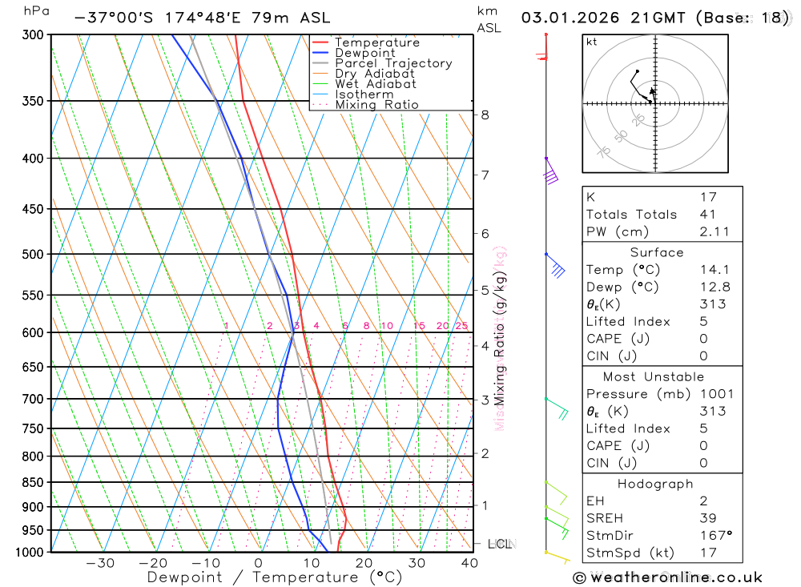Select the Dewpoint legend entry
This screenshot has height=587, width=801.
click(x=364, y=53)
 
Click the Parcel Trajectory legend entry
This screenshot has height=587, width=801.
click(x=393, y=63)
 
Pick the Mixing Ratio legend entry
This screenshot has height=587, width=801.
click(x=376, y=105)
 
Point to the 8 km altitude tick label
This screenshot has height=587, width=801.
click(x=485, y=115)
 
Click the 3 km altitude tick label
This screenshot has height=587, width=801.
click(x=485, y=400)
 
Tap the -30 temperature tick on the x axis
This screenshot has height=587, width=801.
click(x=100, y=563)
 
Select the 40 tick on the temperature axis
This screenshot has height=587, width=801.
click(x=469, y=563)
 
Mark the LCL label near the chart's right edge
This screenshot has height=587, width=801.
click(x=499, y=545)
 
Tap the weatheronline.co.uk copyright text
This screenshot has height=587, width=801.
click(x=667, y=577)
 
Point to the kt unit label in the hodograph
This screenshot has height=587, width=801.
click(x=592, y=42)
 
